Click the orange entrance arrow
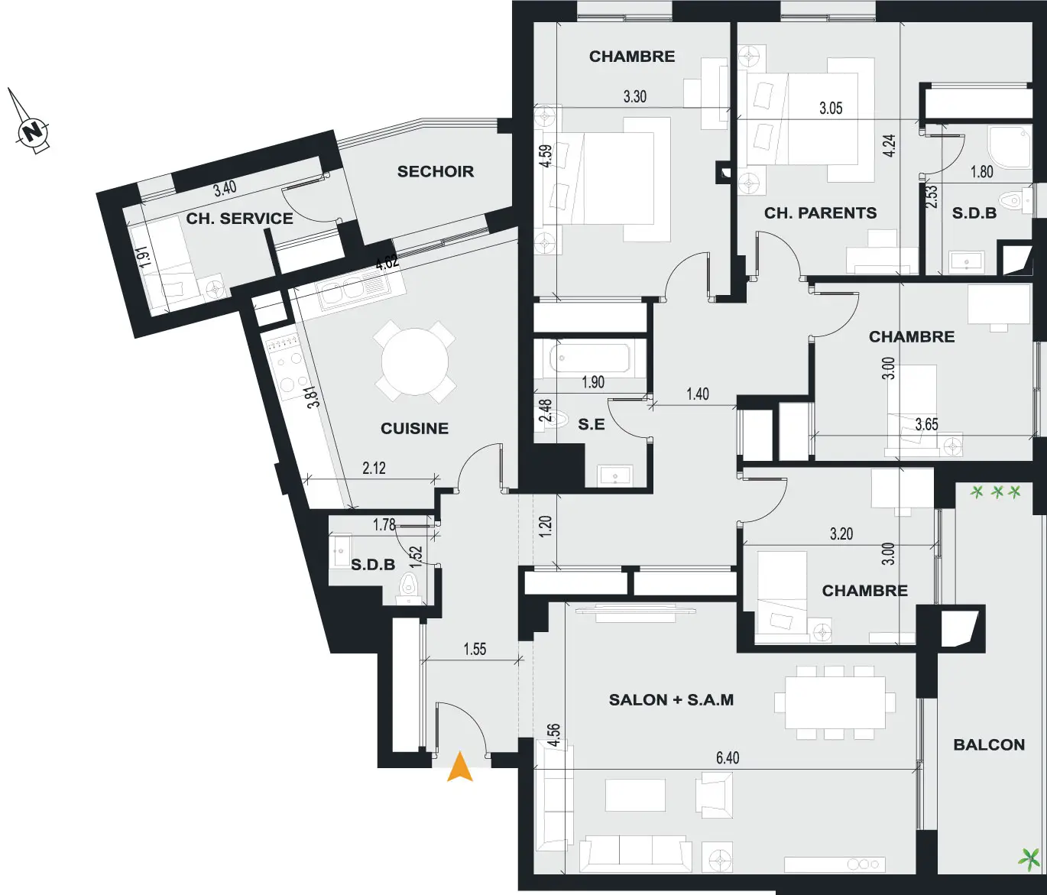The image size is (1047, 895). pyautogui.click(x=459, y=768)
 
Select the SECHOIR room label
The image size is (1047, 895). pyautogui.click(x=436, y=172)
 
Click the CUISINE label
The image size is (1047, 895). pyautogui.click(x=414, y=429)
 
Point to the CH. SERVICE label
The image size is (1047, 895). pyautogui.click(x=240, y=219)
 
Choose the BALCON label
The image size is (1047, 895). pyautogui.click(x=989, y=744)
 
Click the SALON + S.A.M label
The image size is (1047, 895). pyautogui.click(x=671, y=700)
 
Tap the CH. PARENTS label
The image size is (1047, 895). pyautogui.click(x=820, y=212)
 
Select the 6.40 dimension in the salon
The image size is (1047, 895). pyautogui.click(x=728, y=757)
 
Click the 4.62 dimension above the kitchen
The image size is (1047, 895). pyautogui.click(x=387, y=263)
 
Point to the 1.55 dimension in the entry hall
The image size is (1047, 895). pyautogui.click(x=475, y=649)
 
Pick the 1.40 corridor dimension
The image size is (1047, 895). pyautogui.click(x=698, y=394)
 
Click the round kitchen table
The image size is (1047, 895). pyautogui.click(x=415, y=362)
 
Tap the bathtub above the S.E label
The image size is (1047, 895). pyautogui.click(x=590, y=358)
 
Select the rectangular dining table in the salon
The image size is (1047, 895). pyautogui.click(x=835, y=702)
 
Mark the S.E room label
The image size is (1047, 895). pyautogui.click(x=592, y=424)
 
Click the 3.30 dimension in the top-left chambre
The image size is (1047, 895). pyautogui.click(x=634, y=96)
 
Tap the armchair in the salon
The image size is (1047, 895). pyautogui.click(x=713, y=795)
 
